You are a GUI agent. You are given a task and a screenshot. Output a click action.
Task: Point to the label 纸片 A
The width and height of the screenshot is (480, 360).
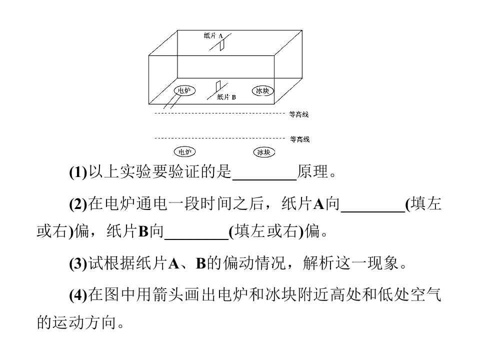(213, 35)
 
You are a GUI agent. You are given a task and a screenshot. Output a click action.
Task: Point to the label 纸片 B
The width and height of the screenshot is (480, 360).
(226, 97)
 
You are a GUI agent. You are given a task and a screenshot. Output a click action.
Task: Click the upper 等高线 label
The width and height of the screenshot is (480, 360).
(299, 114)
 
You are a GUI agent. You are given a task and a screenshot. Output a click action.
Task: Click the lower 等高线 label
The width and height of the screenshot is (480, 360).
(299, 139)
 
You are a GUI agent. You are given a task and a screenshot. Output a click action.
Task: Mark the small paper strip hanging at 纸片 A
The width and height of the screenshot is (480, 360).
(222, 45)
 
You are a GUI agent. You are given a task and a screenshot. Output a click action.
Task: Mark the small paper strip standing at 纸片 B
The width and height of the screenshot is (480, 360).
(218, 86)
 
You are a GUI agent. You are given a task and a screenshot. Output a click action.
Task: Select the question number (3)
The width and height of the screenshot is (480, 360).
(78, 263)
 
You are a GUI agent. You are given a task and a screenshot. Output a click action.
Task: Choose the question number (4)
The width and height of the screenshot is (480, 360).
(78, 295)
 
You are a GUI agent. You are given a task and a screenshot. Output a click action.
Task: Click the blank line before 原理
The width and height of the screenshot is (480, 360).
(265, 179)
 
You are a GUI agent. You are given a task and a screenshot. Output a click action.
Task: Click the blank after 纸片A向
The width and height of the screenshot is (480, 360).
(373, 211)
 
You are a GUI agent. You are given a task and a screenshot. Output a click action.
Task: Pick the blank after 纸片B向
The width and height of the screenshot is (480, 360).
(196, 239)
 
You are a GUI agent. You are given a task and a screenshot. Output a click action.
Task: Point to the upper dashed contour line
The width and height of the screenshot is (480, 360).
(220, 113)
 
